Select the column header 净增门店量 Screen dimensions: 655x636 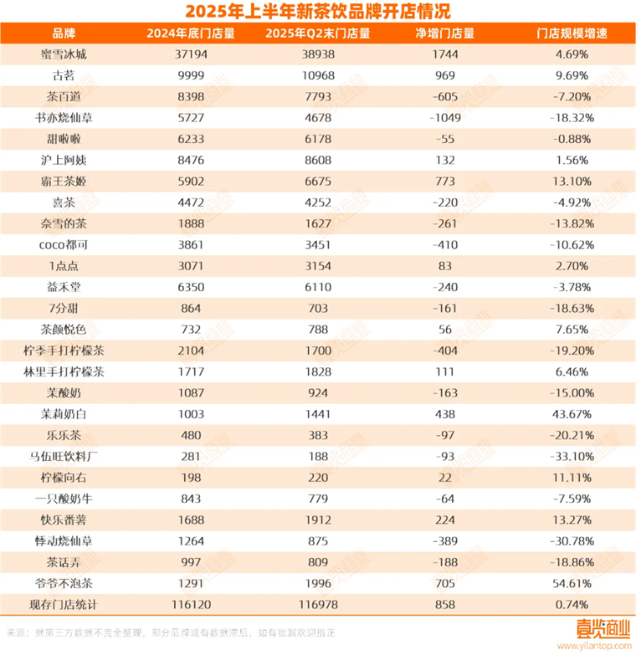coord(445,33)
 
